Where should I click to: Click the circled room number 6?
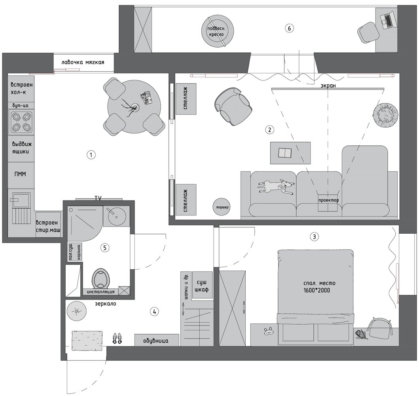click(289, 28)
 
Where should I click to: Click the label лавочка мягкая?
click(83, 63)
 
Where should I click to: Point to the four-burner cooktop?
click(21, 123)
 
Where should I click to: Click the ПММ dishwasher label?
click(20, 174)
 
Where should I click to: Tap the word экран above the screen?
click(328, 86)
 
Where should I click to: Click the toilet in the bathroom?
click(100, 278)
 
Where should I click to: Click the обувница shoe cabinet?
click(156, 340)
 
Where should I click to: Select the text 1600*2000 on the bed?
click(317, 290)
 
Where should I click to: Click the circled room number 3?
click(314, 237)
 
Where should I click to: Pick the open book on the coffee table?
click(285, 153)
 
